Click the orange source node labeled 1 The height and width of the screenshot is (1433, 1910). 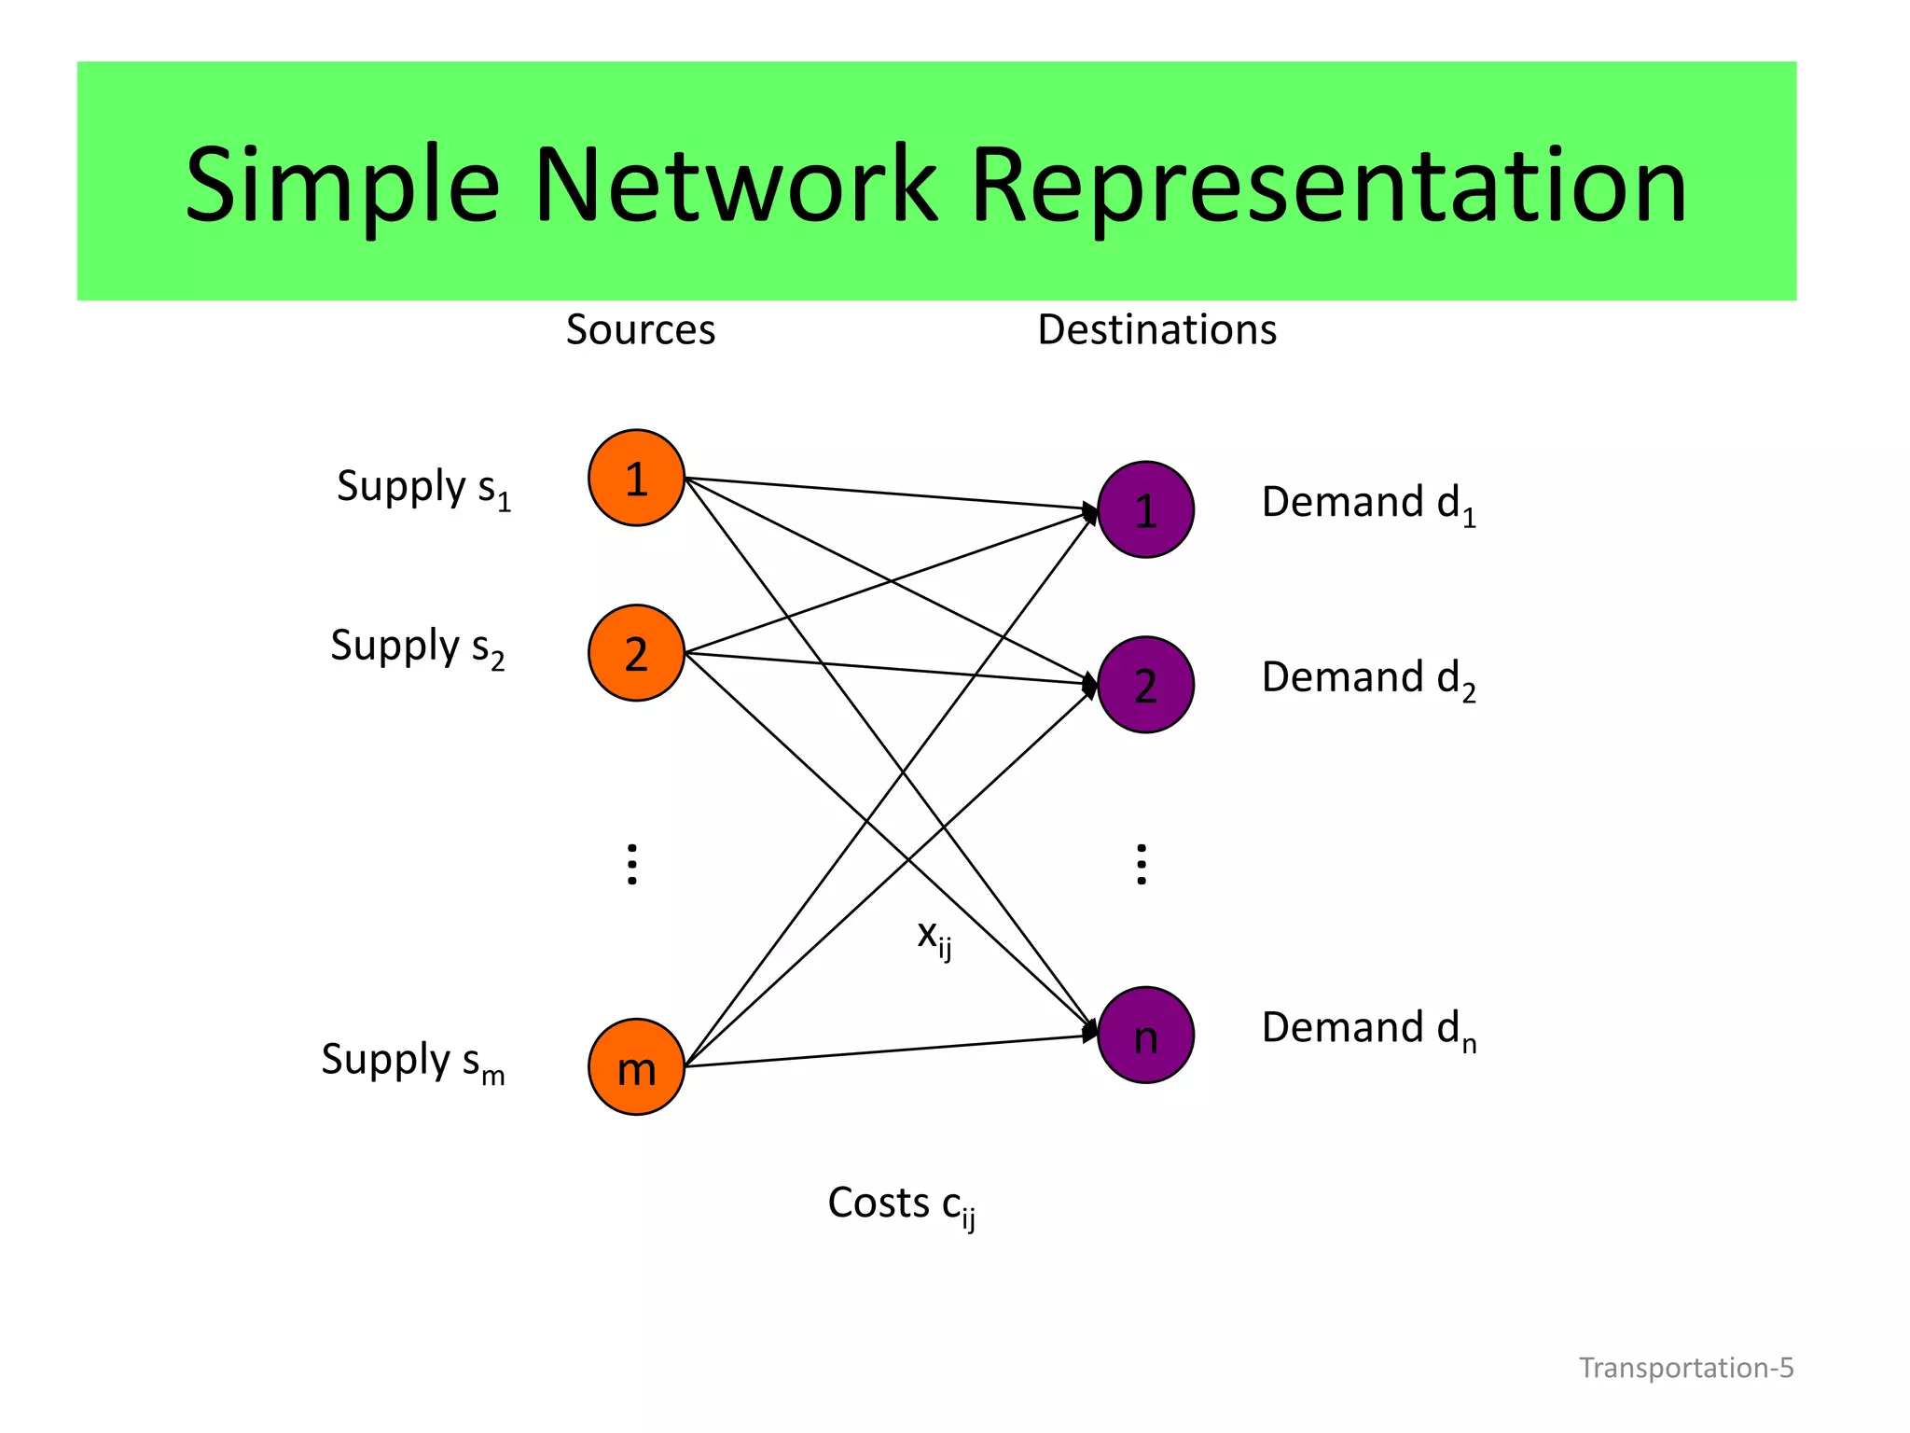click(x=636, y=478)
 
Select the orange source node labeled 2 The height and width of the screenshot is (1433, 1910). click(x=636, y=653)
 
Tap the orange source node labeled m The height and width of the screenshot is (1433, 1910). click(x=636, y=1066)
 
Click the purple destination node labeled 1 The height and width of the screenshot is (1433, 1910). click(x=1145, y=509)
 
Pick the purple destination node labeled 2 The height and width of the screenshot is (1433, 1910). click(x=1145, y=685)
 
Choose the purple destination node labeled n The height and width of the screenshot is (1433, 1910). click(x=1145, y=1035)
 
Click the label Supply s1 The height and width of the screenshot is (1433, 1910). click(x=423, y=488)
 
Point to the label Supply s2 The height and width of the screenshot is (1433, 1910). click(x=417, y=647)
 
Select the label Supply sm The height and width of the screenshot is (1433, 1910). click(x=412, y=1062)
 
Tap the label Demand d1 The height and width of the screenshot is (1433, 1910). click(x=1368, y=504)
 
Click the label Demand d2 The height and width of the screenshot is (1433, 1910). click(x=1368, y=679)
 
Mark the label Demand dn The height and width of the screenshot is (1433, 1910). click(x=1368, y=1029)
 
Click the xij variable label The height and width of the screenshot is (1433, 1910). click(x=934, y=936)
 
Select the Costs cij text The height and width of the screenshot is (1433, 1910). click(x=901, y=1204)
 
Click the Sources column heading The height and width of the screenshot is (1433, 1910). click(x=641, y=329)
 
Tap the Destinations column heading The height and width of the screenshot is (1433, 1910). click(x=1156, y=329)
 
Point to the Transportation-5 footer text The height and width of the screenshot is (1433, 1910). click(x=1685, y=1368)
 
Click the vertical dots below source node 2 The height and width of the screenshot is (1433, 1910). click(x=632, y=864)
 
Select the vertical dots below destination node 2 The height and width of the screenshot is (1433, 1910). click(x=1142, y=864)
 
